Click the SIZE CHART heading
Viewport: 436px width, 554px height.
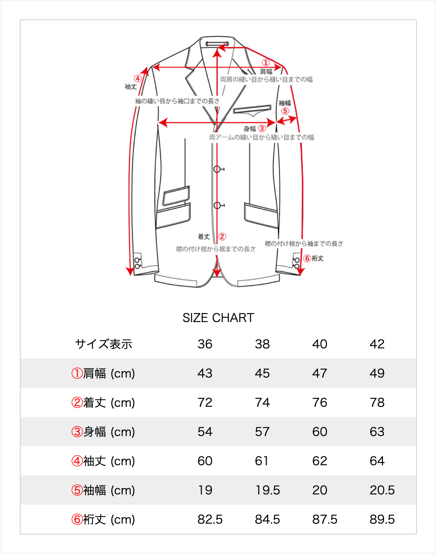tap(218, 318)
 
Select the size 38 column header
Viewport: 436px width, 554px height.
tap(262, 344)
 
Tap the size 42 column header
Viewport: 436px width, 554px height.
tap(377, 344)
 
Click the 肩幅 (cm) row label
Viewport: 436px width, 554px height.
tap(103, 373)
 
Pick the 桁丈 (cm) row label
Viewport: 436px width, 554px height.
tap(103, 519)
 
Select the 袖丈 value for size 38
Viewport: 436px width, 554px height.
tap(261, 461)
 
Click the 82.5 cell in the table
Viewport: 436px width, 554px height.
tap(210, 519)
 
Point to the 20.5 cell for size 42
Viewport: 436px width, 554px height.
tap(382, 490)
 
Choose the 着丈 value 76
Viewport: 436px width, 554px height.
tap(319, 403)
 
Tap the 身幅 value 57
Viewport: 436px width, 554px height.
tap(262, 432)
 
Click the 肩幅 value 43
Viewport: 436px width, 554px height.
tap(205, 373)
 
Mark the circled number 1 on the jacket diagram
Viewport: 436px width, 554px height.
tap(266, 63)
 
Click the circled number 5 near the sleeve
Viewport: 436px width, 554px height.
tap(285, 111)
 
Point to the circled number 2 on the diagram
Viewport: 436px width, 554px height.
tap(222, 237)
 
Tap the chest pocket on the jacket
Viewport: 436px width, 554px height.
tap(252, 109)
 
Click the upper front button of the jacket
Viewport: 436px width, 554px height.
tap(217, 169)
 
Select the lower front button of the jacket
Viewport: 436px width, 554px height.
tap(217, 206)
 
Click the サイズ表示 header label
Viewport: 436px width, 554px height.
tap(104, 344)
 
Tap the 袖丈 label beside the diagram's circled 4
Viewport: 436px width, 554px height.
tap(131, 87)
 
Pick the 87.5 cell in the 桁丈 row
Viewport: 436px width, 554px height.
tap(324, 519)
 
